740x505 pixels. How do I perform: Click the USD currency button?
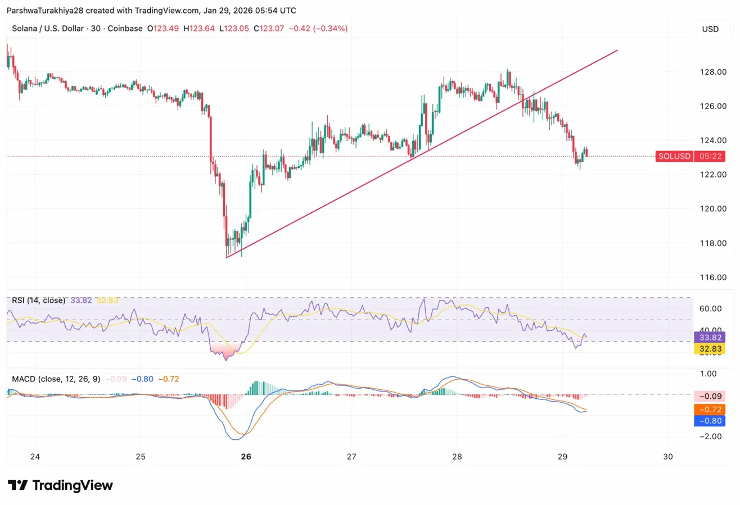click(710, 29)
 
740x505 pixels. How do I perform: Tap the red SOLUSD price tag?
click(674, 156)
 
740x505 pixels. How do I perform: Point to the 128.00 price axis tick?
click(710, 72)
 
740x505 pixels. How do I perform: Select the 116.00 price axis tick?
click(710, 277)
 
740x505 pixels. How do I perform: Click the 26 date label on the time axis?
click(246, 457)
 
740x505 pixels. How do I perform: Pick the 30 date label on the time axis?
click(668, 457)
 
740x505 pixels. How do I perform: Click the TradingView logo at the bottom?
click(60, 485)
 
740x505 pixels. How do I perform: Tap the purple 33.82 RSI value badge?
click(710, 338)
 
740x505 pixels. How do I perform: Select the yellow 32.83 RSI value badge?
click(710, 349)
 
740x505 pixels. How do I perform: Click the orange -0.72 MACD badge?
click(710, 408)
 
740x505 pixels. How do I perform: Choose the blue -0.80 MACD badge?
click(710, 421)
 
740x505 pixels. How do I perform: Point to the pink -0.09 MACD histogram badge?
click(710, 396)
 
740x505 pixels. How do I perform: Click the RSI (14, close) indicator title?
click(38, 301)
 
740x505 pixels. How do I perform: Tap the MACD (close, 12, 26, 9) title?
click(56, 379)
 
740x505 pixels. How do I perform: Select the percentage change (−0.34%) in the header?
click(331, 28)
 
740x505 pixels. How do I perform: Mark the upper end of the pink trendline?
click(617, 51)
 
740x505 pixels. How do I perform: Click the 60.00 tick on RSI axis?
click(710, 308)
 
